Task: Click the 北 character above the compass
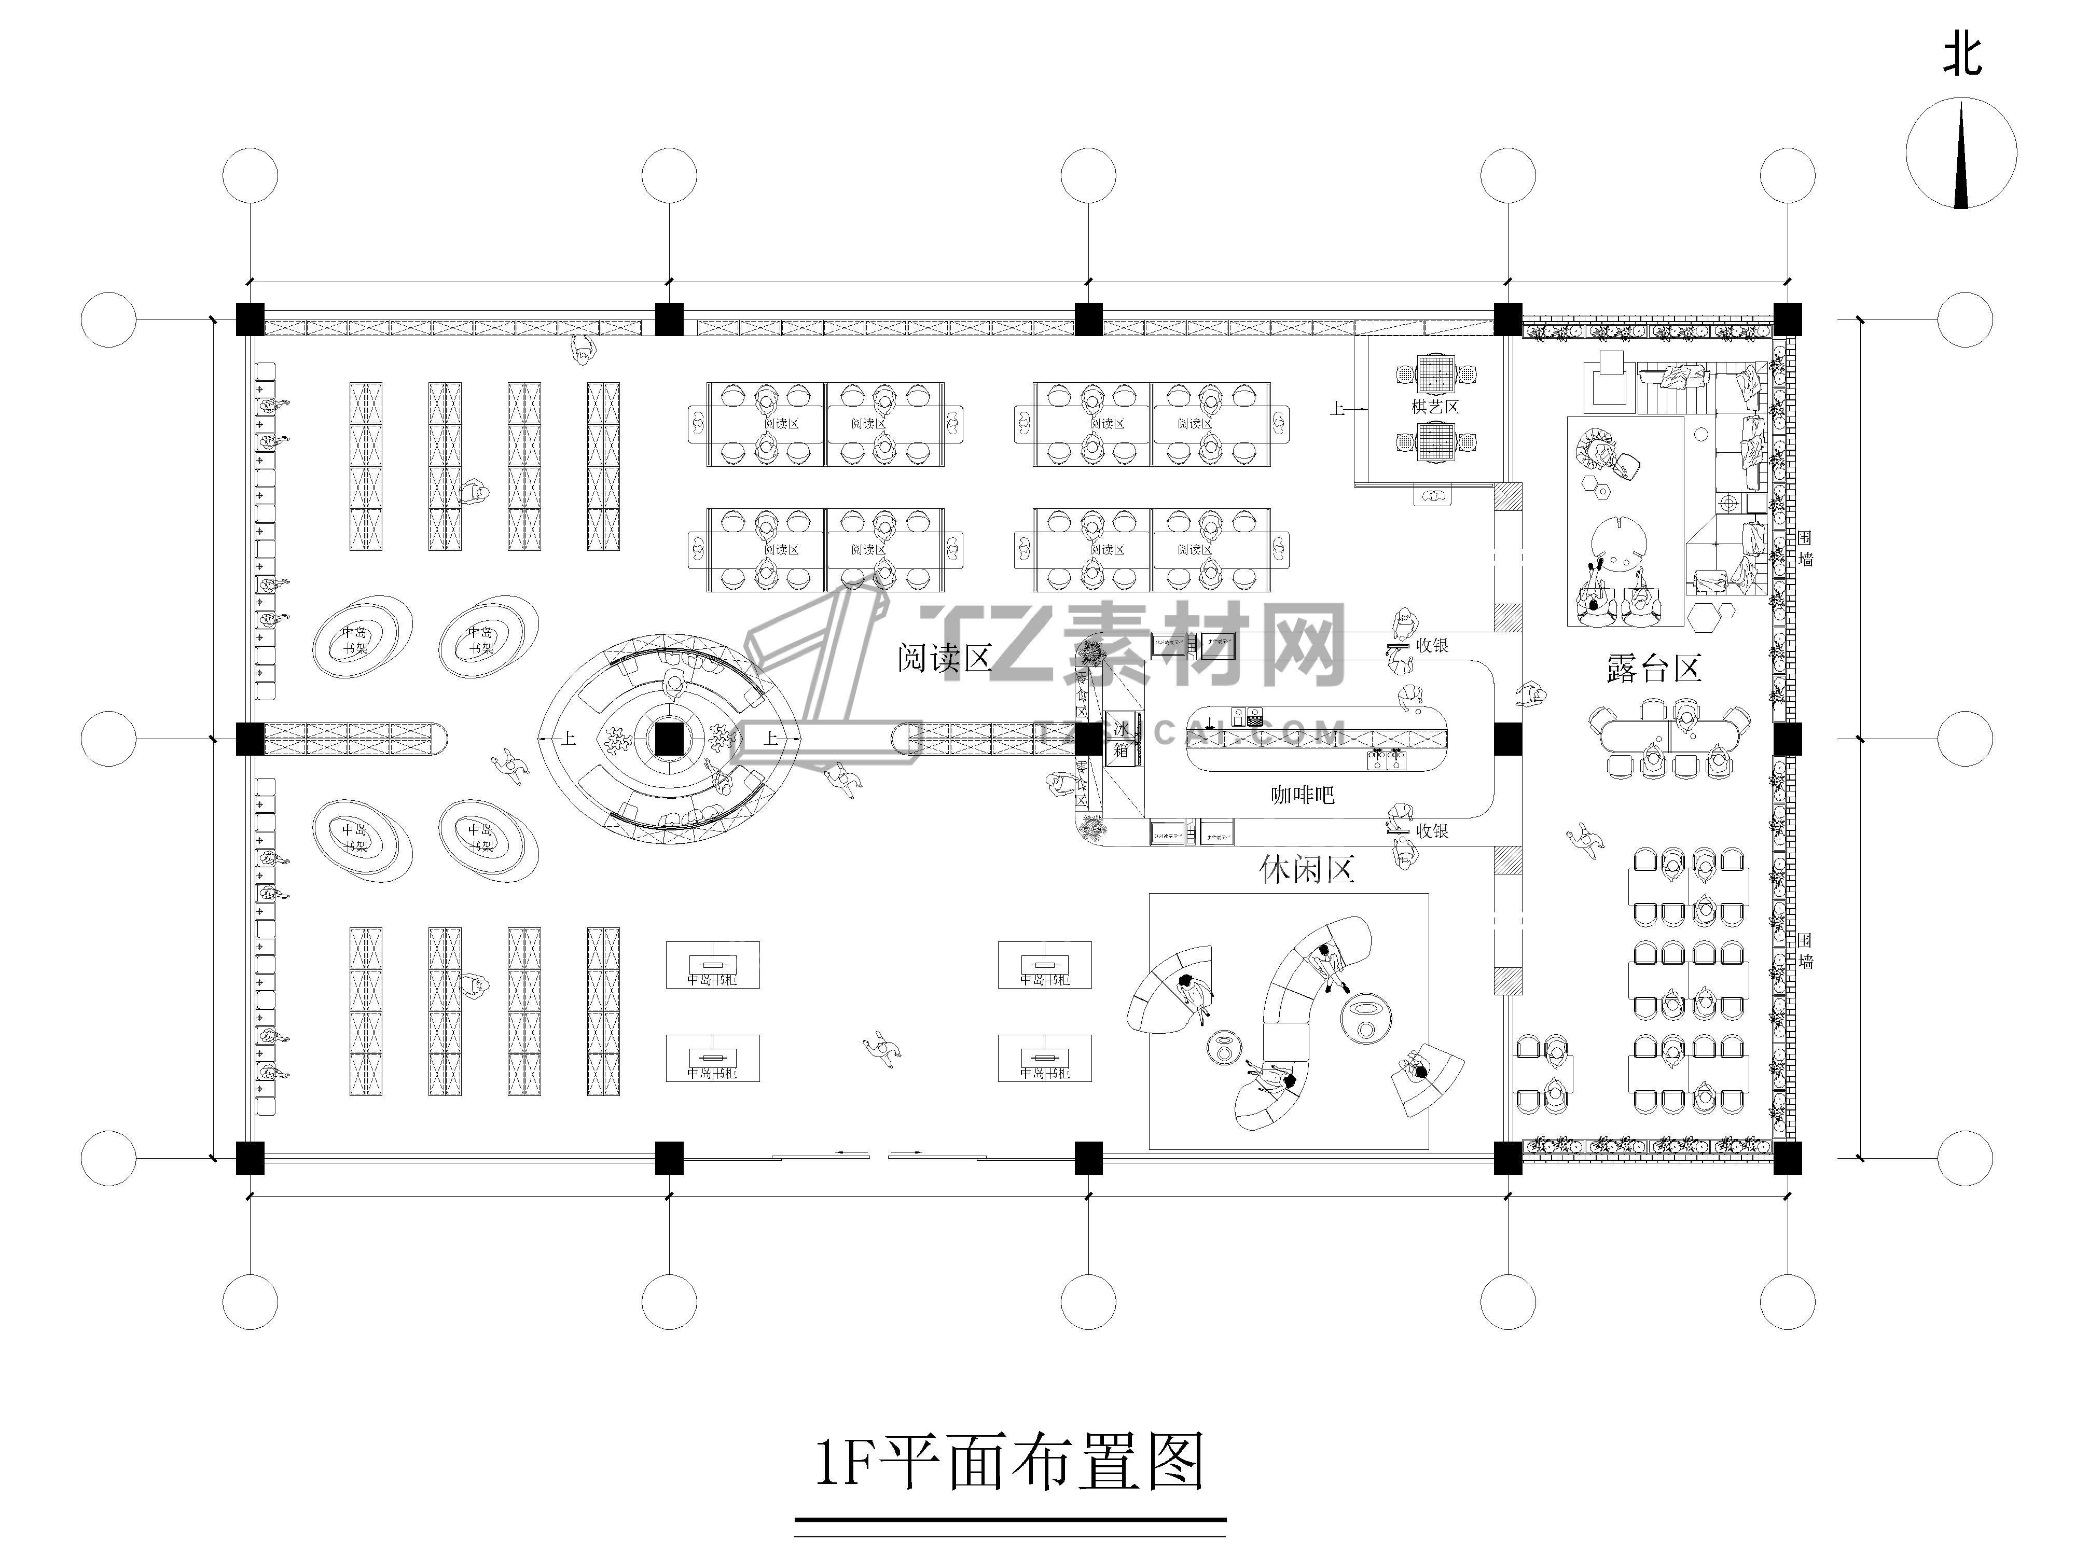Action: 1961,55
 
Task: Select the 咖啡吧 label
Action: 1302,795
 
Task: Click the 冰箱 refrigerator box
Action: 1122,739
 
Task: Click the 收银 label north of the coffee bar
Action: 1431,645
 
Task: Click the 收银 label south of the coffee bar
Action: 1431,831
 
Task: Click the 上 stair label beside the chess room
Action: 1337,408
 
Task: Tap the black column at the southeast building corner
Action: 1787,1158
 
